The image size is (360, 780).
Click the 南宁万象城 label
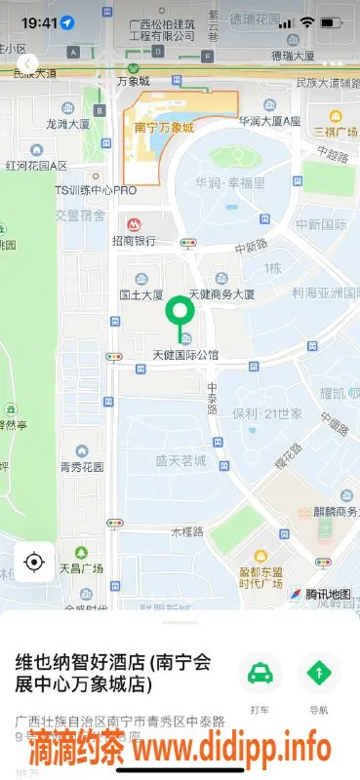[x=159, y=127]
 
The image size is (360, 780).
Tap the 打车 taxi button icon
[x=260, y=674]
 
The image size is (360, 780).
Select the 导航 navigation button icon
[x=319, y=674]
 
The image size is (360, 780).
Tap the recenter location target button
[x=34, y=562]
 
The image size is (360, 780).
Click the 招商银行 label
[x=134, y=240]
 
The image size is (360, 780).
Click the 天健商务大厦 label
[x=221, y=293]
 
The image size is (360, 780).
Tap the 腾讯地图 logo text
[x=329, y=594]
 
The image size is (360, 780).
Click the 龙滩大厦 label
[x=68, y=125]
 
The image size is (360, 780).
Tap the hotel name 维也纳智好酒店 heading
[x=112, y=672]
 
